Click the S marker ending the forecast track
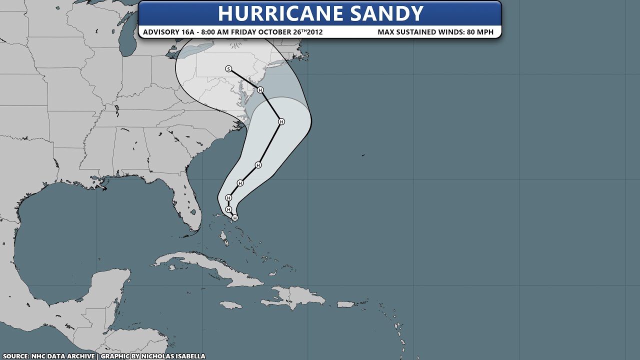228,69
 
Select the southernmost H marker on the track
235,218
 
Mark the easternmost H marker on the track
281,121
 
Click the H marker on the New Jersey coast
260,90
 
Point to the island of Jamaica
231,304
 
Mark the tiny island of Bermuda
363,155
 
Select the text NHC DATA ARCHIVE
63,356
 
